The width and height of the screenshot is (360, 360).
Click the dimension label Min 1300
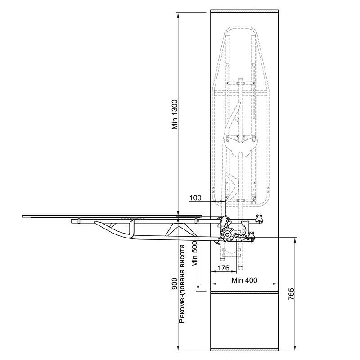175,114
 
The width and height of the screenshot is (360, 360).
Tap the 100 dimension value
196,198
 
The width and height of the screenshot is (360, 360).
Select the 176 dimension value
223,268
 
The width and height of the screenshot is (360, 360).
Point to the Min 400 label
244,280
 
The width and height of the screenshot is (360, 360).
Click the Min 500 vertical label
195,254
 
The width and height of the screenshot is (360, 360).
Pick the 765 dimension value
291,294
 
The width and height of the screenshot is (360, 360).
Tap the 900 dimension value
175,284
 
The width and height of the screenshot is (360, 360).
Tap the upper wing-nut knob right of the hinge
260,218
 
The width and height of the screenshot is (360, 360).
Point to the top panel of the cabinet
245,11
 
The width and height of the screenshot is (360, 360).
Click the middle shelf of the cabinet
245,292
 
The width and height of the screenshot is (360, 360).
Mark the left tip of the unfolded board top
23,216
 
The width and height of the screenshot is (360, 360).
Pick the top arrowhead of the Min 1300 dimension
178,13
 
